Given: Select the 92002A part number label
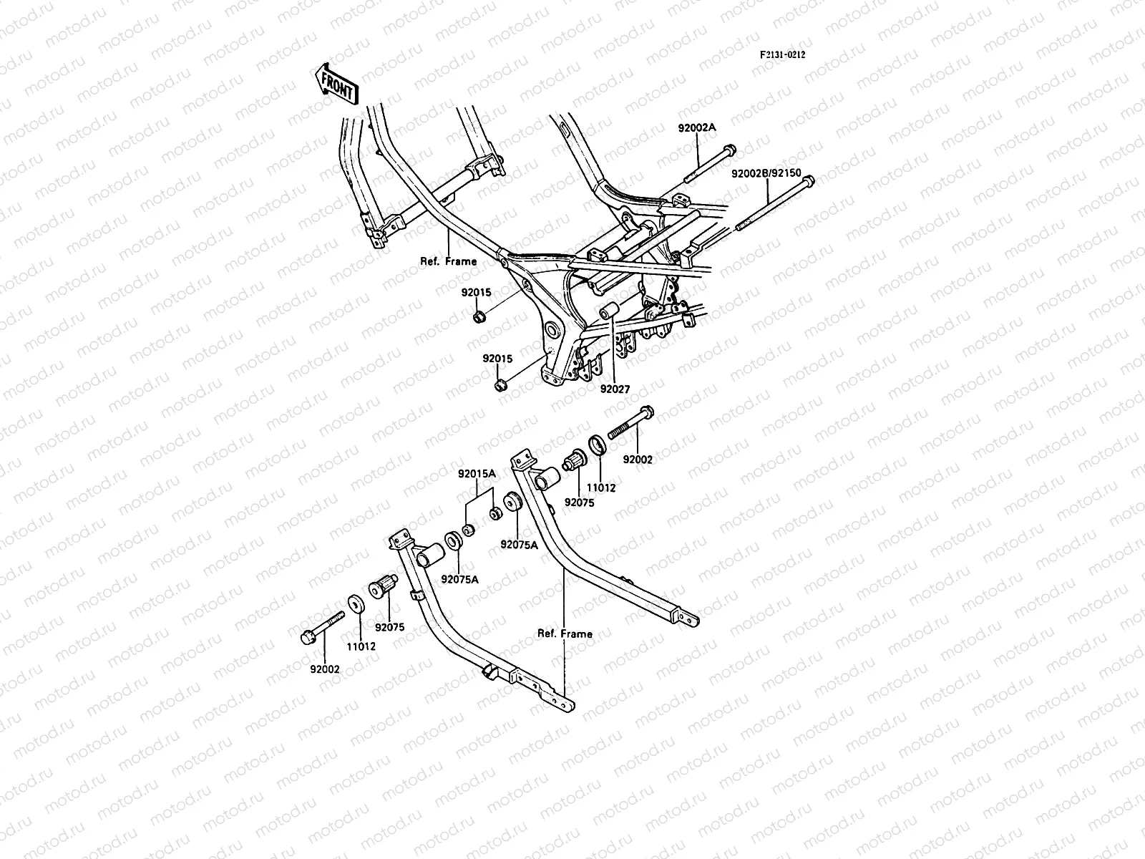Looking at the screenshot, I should (717, 128).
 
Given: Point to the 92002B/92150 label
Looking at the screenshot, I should (766, 174).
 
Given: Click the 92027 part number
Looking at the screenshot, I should (615, 389).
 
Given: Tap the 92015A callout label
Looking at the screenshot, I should (477, 474).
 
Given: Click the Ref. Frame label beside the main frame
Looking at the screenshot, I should (448, 261).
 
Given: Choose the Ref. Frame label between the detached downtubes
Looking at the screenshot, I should (565, 634).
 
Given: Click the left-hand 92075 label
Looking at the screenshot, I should (389, 627).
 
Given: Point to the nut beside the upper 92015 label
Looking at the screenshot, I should (479, 316).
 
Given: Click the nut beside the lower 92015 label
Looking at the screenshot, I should (501, 386).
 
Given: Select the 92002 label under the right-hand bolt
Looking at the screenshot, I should (637, 460).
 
